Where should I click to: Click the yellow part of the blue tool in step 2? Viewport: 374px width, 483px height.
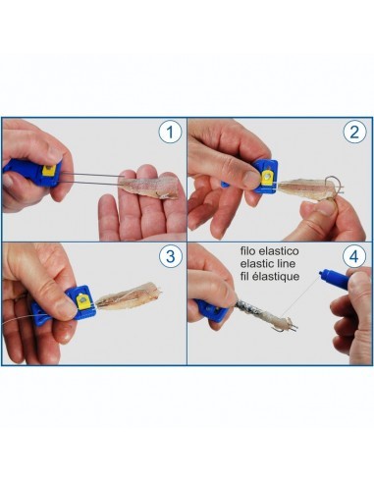coord(266,176)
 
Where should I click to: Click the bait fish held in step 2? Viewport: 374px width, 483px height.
coord(298,186)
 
